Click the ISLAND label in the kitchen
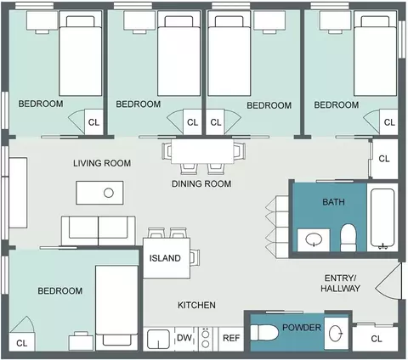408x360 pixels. tap(165, 258)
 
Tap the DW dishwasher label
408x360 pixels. tap(184, 338)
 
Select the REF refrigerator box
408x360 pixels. tap(231, 339)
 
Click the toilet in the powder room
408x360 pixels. tap(264, 333)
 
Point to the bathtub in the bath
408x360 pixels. tap(382, 219)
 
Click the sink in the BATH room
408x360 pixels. tap(314, 240)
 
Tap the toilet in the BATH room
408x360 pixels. tap(348, 238)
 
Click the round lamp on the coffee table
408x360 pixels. tap(109, 193)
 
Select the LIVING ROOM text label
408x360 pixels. tap(102, 163)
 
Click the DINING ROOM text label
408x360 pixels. tap(201, 183)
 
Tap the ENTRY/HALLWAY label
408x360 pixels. tap(340, 284)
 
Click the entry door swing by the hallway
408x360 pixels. tap(388, 281)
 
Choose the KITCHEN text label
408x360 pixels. tap(196, 305)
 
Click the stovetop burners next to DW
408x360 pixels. tap(206, 339)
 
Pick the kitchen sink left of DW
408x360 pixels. tap(159, 339)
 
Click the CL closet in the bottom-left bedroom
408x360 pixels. tap(22, 342)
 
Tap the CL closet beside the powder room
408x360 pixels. tap(376, 339)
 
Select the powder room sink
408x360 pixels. tap(337, 333)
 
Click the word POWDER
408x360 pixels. tap(302, 328)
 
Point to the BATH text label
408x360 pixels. tap(333, 202)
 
